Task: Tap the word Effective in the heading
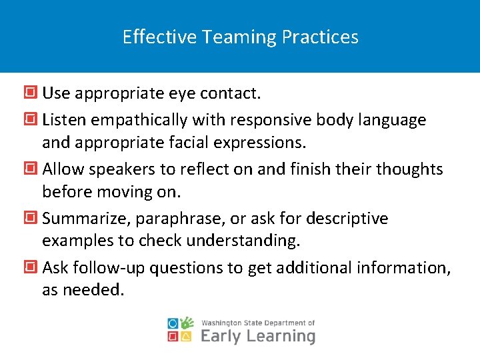[151, 37]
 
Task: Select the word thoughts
[409, 169]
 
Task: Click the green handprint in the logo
[187, 323]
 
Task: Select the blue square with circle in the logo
[173, 323]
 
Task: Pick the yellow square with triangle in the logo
[187, 337]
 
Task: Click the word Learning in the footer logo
[280, 336]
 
